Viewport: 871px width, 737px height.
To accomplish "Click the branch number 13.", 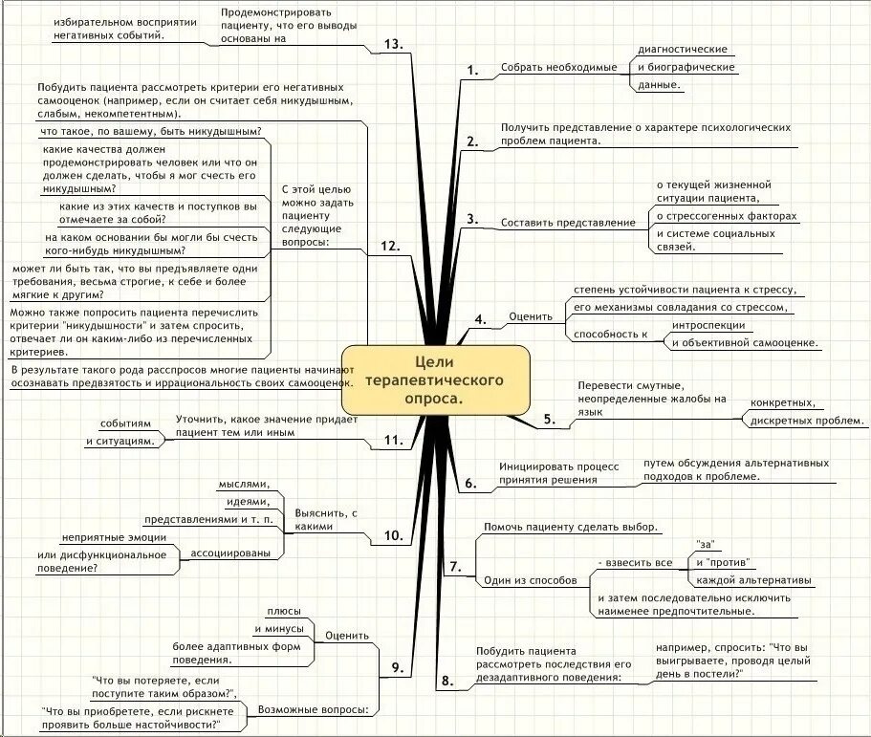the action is click(x=392, y=45).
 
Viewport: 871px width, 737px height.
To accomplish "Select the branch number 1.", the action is click(x=470, y=69).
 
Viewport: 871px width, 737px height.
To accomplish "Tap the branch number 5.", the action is click(x=549, y=419).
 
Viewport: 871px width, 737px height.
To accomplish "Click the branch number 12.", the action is click(x=388, y=246).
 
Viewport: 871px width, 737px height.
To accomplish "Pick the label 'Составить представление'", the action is click(x=568, y=223).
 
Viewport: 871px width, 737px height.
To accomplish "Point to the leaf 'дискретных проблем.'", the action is click(x=807, y=420).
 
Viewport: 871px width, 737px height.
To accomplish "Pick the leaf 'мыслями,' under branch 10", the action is click(x=244, y=485).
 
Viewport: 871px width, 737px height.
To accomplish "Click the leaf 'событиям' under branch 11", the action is click(x=126, y=423).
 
